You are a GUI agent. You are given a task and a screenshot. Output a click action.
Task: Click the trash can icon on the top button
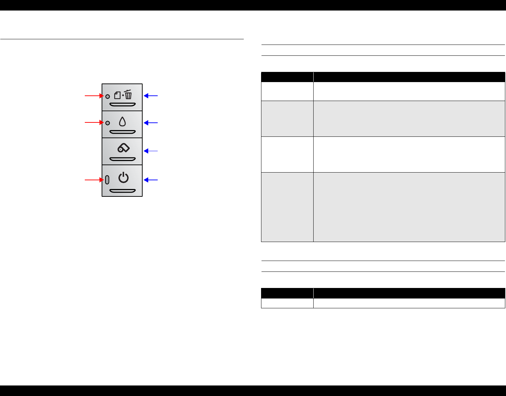pos(129,95)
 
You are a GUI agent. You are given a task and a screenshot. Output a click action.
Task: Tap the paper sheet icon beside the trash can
pos(118,95)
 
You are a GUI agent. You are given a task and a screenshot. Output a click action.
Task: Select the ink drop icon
pos(122,122)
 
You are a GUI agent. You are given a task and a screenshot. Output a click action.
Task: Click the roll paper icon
pos(123,148)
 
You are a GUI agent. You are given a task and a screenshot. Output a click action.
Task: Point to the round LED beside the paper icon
pos(108,96)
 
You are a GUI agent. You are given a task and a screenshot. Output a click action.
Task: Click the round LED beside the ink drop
pos(108,123)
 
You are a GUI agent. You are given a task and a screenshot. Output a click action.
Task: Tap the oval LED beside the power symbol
pos(107,180)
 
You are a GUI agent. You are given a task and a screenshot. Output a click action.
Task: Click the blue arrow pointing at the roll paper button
pos(151,151)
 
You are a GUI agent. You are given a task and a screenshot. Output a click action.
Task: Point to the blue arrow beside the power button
pos(151,180)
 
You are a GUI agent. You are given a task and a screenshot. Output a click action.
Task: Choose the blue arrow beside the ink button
pos(151,123)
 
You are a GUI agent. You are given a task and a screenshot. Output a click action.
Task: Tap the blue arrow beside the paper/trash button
pos(151,95)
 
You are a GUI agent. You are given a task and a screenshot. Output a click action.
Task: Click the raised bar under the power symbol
pos(122,191)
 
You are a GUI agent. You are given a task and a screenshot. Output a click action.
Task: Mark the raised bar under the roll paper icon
pos(122,159)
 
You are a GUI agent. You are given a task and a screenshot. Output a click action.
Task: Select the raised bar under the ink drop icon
pos(122,132)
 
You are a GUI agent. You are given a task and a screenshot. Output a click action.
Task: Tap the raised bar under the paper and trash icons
pos(122,105)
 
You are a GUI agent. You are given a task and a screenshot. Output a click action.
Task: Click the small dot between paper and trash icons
pos(123,96)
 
